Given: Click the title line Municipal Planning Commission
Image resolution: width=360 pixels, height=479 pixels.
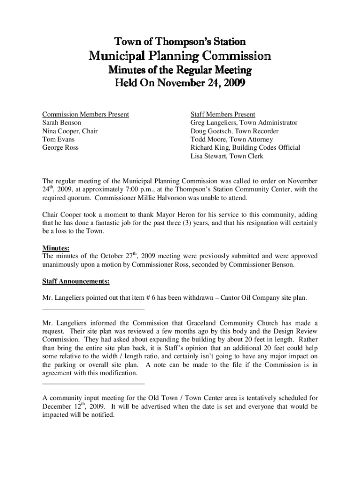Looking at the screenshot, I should [180, 57].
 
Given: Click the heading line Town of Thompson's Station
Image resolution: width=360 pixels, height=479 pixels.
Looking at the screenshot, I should [180, 42].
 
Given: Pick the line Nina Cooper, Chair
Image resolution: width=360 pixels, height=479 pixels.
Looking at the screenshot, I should [70, 131].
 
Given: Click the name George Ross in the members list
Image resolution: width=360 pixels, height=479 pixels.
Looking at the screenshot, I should [60, 148].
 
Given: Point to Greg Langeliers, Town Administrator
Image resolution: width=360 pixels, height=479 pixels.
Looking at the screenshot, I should [244, 123].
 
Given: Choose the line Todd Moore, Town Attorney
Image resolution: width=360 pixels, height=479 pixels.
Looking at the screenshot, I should [232, 139].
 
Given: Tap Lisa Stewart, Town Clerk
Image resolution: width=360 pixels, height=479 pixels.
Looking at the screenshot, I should [227, 156].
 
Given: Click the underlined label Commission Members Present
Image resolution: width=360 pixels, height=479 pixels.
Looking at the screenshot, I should [86, 114].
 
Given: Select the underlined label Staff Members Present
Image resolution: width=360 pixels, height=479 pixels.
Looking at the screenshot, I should [223, 114].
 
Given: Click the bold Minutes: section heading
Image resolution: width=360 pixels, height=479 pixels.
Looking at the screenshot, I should [56, 248].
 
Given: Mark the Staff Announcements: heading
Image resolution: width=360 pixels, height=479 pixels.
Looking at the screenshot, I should [76, 282].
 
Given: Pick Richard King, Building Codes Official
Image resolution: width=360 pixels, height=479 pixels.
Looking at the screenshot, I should [245, 148].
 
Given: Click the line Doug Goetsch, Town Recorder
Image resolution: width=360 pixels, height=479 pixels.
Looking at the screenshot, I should [234, 131].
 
